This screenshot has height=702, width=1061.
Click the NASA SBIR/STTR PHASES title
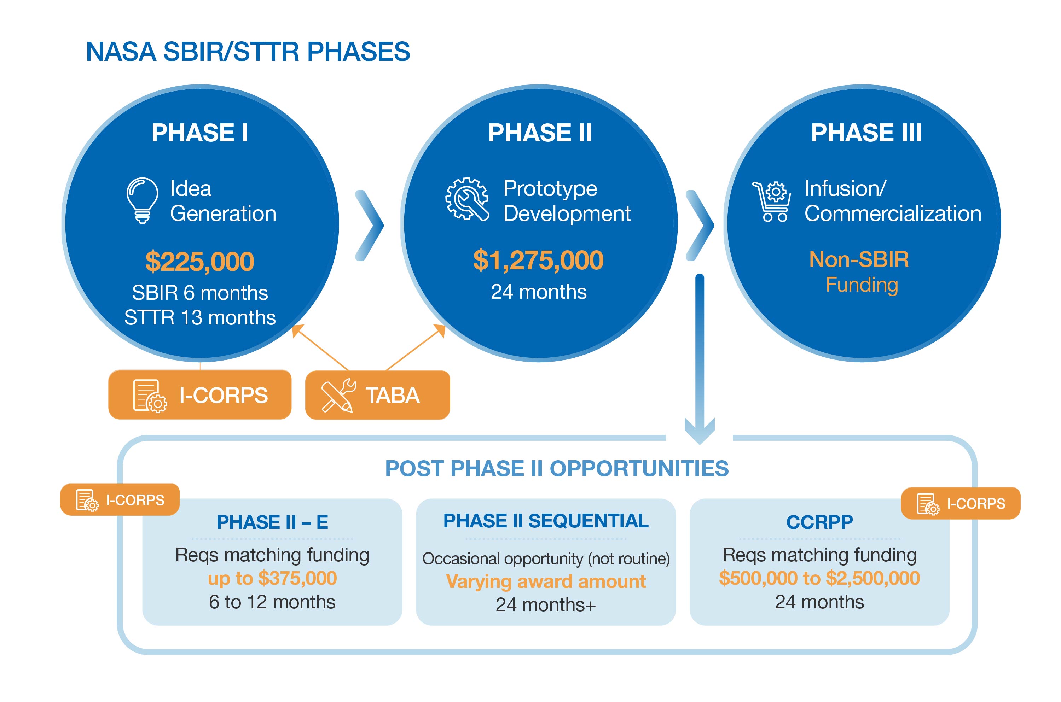[248, 52]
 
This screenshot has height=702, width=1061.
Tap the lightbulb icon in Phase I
[143, 200]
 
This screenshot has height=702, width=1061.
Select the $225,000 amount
[200, 262]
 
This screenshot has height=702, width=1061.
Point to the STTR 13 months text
[200, 317]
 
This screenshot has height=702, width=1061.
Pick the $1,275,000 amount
[538, 260]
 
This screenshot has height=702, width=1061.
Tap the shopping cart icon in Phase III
[772, 201]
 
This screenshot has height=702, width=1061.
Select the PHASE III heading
[866, 133]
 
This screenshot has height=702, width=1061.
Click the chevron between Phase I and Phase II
[370, 225]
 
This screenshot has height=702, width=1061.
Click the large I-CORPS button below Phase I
[200, 394]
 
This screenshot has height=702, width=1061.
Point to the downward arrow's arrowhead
[700, 432]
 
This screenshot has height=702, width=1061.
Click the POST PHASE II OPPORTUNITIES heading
[557, 469]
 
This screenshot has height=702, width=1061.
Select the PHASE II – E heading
[272, 522]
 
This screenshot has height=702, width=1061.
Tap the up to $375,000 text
[272, 578]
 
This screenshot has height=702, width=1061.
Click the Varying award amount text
[546, 581]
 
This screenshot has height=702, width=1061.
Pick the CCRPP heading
[819, 522]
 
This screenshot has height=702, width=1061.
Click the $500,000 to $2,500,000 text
[819, 578]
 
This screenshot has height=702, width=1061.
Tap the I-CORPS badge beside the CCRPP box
[961, 503]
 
